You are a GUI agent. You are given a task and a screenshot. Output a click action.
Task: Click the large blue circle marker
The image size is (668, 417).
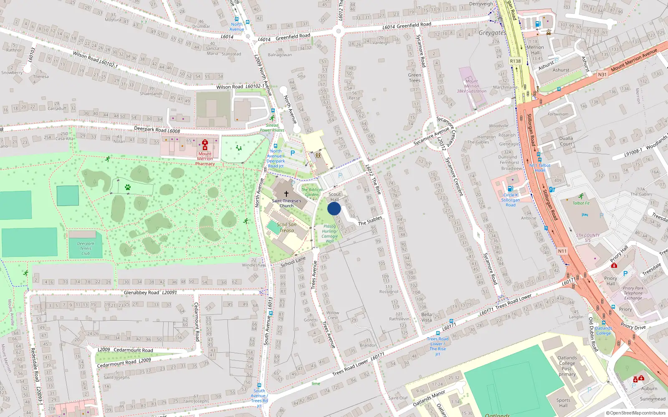click(334, 209)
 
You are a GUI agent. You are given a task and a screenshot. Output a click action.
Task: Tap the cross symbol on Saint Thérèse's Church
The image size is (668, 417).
click(286, 194)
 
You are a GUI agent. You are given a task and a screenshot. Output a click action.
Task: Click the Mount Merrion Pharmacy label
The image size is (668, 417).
click(205, 158)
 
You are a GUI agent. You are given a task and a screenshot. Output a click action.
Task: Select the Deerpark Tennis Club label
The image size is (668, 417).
click(86, 248)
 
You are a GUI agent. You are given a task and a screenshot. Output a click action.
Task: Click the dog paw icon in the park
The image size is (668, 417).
click(128, 187)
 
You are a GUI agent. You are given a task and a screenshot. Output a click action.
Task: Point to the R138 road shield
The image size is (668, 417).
click(515, 61)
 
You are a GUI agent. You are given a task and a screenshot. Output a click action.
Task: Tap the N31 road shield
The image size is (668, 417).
click(602, 75)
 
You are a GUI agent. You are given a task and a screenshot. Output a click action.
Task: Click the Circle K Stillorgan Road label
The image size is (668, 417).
click(510, 200)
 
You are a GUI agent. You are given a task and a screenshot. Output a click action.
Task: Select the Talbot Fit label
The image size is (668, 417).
click(581, 203)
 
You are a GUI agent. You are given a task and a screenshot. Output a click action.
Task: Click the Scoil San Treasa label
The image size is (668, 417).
click(286, 227)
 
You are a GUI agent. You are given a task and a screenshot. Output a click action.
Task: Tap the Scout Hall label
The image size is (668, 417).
click(334, 197)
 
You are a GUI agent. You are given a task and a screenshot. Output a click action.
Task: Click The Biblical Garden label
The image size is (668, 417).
click(311, 192)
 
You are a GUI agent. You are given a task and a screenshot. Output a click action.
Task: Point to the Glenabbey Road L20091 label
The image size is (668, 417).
click(150, 293)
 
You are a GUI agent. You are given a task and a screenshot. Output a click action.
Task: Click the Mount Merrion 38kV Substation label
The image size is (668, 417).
click(471, 86)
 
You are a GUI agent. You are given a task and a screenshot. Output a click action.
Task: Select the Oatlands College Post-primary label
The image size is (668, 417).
click(567, 366)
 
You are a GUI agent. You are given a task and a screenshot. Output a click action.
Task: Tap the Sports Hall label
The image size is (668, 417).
click(563, 402)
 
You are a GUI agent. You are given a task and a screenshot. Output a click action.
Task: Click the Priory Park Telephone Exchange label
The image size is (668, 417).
click(633, 293)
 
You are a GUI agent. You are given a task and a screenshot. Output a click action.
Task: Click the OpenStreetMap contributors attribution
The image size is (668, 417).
click(635, 413)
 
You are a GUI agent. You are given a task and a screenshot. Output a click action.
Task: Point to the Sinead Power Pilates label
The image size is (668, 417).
click(272, 128)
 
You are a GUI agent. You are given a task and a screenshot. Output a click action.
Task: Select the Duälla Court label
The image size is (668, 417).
click(566, 141)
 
